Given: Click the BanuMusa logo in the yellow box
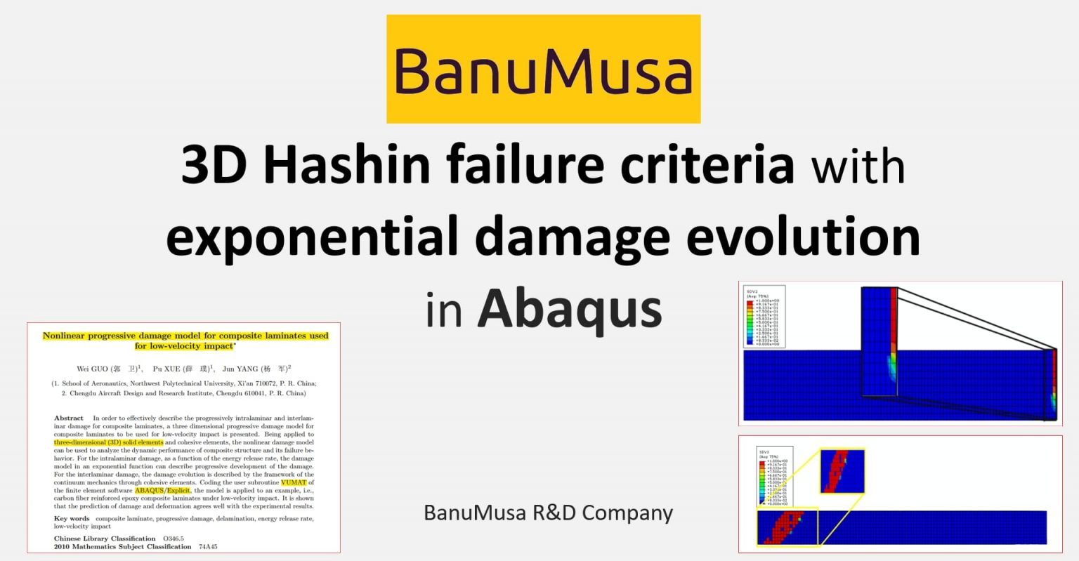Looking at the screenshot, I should (543, 70).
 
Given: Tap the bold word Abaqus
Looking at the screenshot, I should (570, 309).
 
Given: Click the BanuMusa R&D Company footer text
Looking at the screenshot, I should (548, 513).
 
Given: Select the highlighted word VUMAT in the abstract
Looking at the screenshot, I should (294, 482).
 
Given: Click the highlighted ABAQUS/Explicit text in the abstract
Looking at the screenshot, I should (162, 490).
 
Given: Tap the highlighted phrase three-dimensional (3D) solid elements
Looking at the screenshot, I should (109, 442).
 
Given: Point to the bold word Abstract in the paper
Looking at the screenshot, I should (69, 418).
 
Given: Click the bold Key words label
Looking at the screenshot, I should (72, 518).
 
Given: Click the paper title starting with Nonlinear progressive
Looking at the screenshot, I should (185, 341).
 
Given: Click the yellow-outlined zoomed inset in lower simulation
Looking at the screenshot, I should (842, 471).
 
